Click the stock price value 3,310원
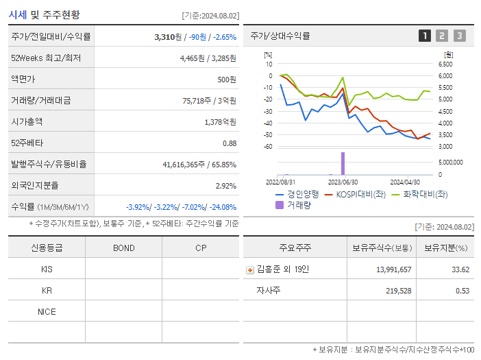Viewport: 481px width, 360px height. click(x=168, y=36)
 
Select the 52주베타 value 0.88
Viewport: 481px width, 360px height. click(x=230, y=143)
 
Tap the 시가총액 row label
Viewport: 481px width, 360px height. click(x=27, y=121)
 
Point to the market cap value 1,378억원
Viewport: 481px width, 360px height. click(x=221, y=121)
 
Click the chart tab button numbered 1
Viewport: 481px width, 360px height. click(x=425, y=36)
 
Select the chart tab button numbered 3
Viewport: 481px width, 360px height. click(x=459, y=36)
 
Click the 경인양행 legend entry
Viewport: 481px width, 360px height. click(x=298, y=194)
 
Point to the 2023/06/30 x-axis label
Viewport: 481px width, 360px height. click(x=343, y=182)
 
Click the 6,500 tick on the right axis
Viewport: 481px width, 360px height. click(x=445, y=64)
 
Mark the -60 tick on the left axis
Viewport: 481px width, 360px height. click(x=268, y=147)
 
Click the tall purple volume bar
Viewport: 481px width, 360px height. click(x=343, y=163)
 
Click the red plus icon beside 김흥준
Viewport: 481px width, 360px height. click(x=249, y=269)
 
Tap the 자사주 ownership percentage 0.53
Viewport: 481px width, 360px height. click(x=463, y=291)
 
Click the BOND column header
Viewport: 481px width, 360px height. click(x=123, y=248)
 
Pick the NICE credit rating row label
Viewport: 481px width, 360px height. click(x=47, y=311)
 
